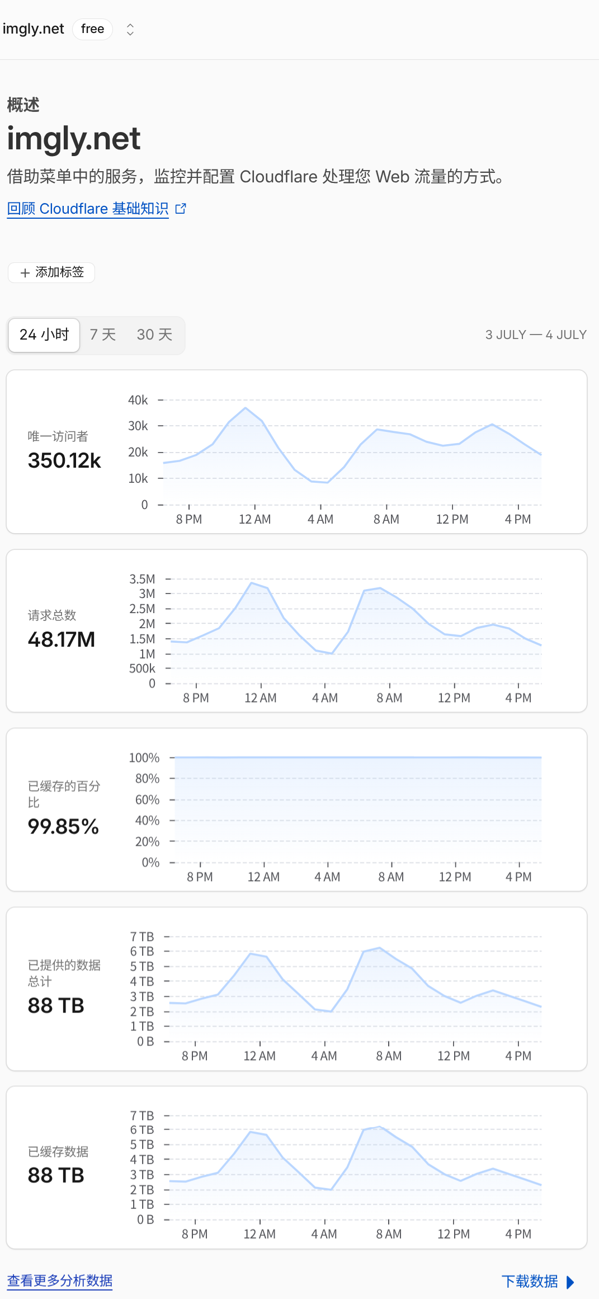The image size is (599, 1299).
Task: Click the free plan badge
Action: (92, 29)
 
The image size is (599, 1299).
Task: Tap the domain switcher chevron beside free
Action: (130, 29)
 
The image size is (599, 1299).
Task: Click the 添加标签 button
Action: (51, 272)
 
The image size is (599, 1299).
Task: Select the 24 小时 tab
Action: (44, 335)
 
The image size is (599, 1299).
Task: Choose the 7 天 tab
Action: (103, 335)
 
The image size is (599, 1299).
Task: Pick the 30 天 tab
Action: (154, 335)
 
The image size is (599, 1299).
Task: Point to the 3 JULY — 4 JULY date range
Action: (536, 335)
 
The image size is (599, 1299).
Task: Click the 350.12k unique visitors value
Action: (64, 460)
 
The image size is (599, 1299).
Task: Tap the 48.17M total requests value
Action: (62, 639)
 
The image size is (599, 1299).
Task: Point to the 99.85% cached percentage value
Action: (63, 826)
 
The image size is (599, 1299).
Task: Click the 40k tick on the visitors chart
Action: (138, 400)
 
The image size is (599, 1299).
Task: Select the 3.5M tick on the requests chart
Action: (142, 579)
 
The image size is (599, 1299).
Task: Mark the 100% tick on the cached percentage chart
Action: (144, 757)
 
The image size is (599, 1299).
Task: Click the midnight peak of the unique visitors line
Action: (246, 408)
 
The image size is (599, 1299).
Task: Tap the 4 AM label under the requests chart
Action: (325, 698)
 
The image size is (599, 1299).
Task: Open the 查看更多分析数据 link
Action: (60, 1281)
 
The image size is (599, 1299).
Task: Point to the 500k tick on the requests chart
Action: (142, 669)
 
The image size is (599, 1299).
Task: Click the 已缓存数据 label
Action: (58, 1151)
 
